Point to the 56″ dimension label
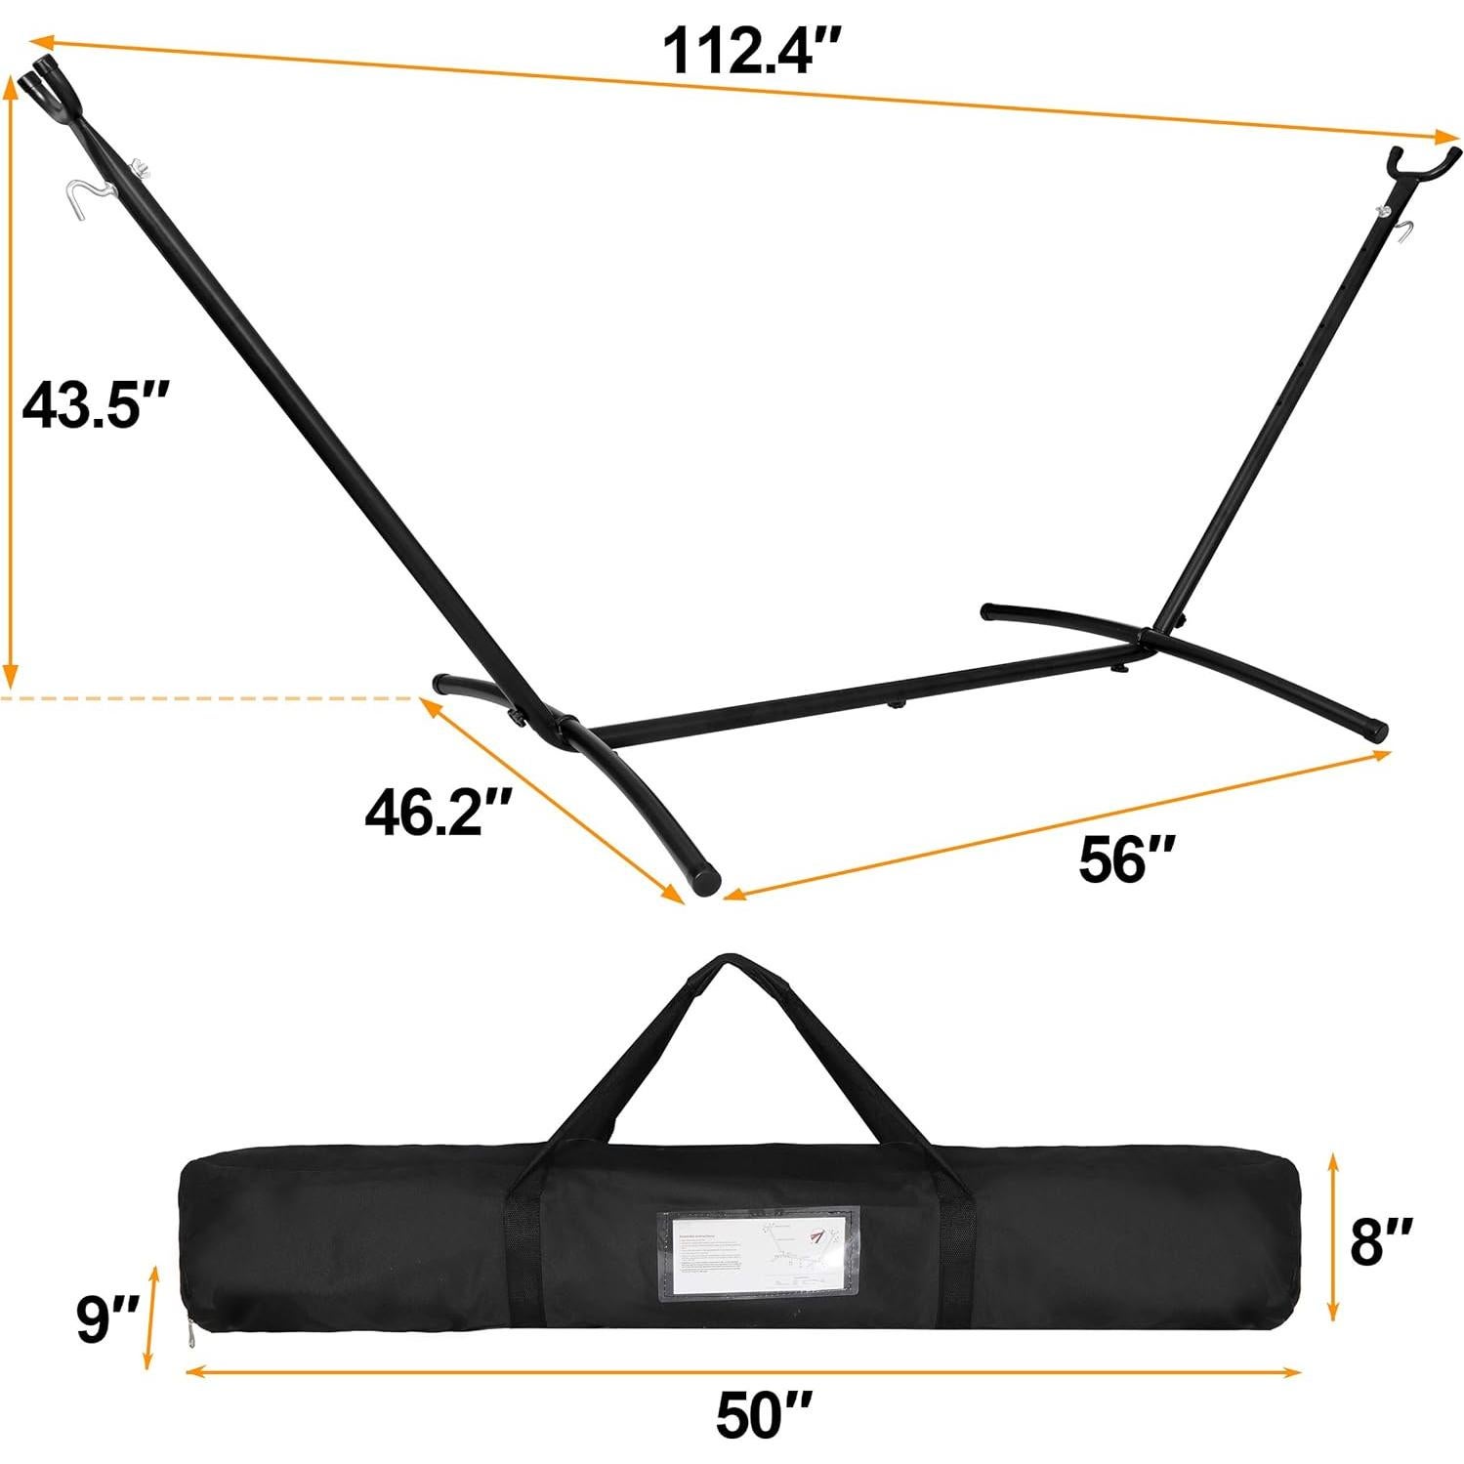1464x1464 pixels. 1125,859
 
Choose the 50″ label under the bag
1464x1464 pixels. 764,1413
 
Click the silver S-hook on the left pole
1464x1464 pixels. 92,194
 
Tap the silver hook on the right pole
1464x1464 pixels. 1403,232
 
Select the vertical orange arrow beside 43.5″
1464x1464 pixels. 12,381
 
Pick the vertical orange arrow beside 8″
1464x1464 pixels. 1333,1235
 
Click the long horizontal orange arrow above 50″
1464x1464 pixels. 742,1371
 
